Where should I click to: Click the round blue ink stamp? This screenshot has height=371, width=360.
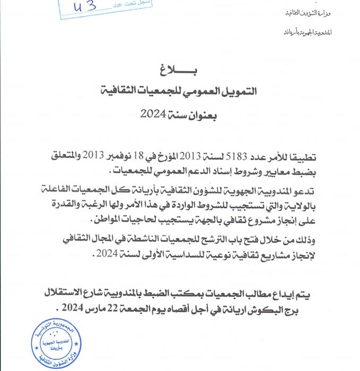click(50, 343)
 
